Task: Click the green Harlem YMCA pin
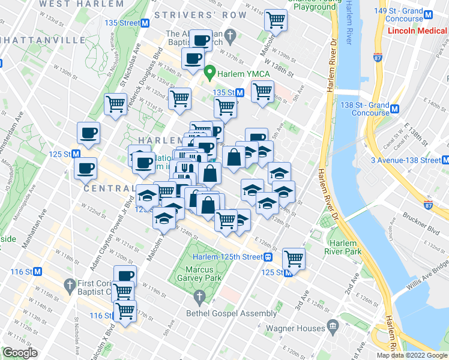[x=209, y=73]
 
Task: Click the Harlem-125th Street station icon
[x=270, y=257]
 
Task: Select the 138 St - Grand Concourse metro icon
[x=395, y=109]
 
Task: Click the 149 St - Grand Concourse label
[x=414, y=11]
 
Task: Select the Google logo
[x=20, y=353]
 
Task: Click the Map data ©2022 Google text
[x=412, y=355]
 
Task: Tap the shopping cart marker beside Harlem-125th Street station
[x=294, y=259]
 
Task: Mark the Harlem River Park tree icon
[x=327, y=221]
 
